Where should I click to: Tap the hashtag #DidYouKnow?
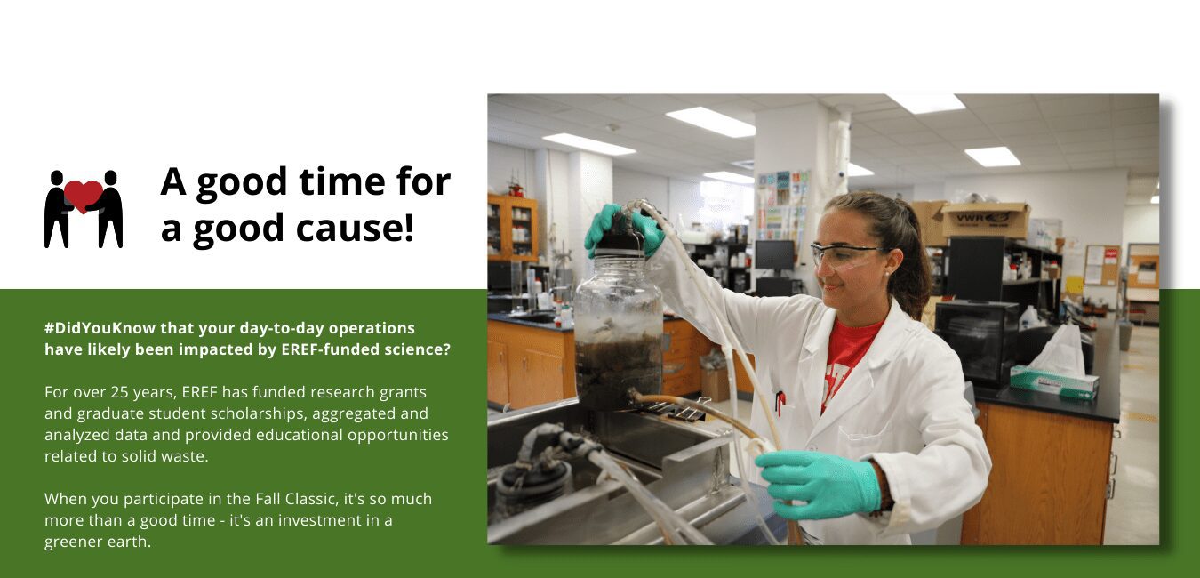click(100, 328)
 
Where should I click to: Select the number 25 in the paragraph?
click(121, 392)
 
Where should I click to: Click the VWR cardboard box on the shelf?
click(985, 220)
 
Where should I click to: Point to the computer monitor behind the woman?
click(774, 255)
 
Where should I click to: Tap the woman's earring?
click(888, 274)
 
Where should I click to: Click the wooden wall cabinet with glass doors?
click(513, 229)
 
